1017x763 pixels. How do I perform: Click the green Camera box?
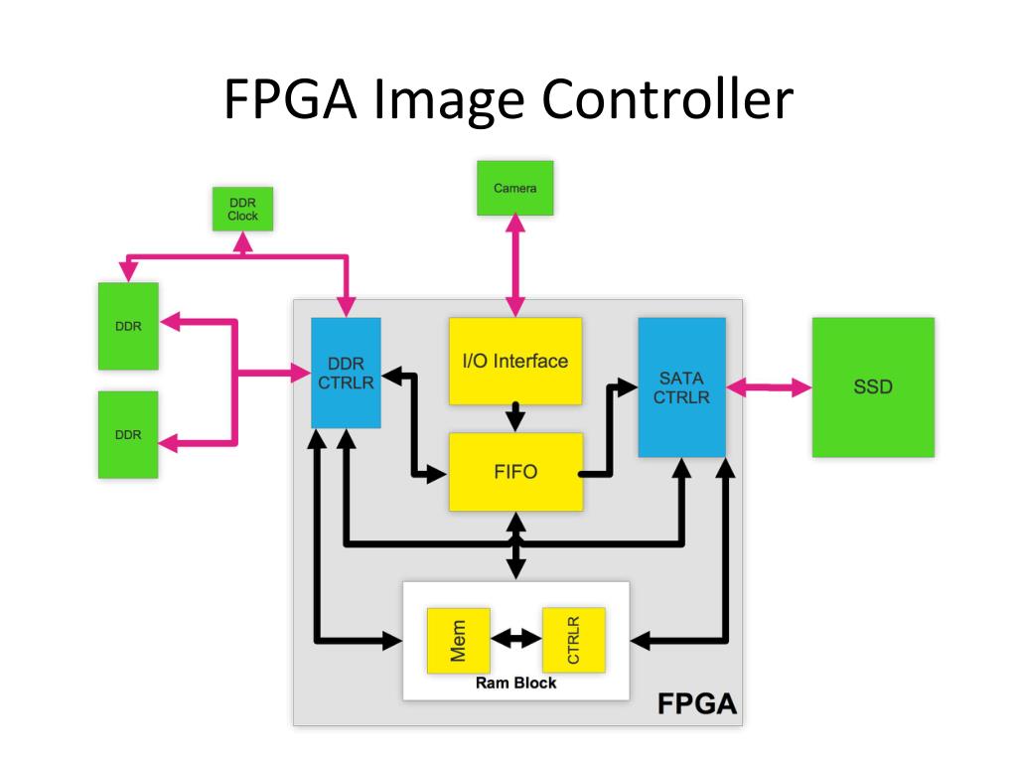pyautogui.click(x=514, y=188)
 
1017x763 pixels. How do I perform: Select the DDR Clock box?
pyautogui.click(x=242, y=209)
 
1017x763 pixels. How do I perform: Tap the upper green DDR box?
pyautogui.click(x=128, y=326)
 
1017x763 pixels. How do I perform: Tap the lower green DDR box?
pyautogui.click(x=128, y=434)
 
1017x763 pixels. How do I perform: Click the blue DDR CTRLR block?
pyautogui.click(x=346, y=373)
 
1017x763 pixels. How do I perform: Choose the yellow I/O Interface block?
pyautogui.click(x=514, y=361)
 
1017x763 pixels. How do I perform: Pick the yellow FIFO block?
pyautogui.click(x=514, y=472)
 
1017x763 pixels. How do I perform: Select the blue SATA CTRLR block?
pyautogui.click(x=681, y=386)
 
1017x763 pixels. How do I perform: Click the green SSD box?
pyautogui.click(x=873, y=386)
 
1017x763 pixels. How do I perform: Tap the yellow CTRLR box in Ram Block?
pyautogui.click(x=573, y=640)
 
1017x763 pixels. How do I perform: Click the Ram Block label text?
pyautogui.click(x=515, y=684)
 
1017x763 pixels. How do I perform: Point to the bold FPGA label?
pyautogui.click(x=696, y=704)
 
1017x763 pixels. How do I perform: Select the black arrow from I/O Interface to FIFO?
pyautogui.click(x=515, y=416)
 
